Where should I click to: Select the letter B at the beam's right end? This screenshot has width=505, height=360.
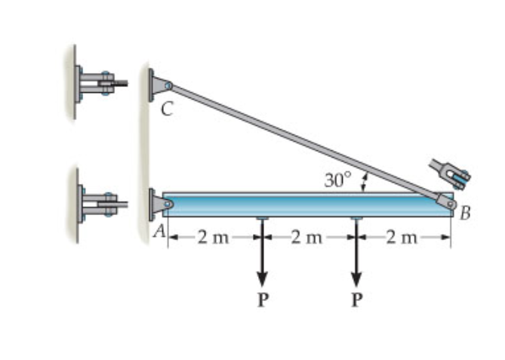point(465,214)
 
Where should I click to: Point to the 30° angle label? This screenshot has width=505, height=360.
point(337,180)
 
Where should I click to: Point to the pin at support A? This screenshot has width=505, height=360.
point(168,204)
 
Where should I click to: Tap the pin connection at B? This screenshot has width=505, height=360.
point(451,202)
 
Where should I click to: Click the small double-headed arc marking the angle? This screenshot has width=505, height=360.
point(365,182)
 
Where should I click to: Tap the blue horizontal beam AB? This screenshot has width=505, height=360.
point(302,205)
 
